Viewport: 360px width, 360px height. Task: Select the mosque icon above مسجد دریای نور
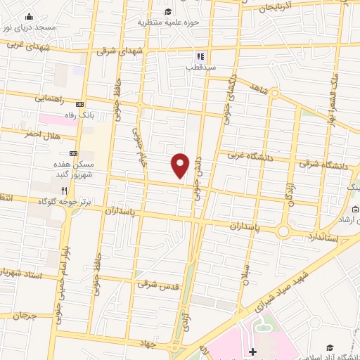tap(29, 16)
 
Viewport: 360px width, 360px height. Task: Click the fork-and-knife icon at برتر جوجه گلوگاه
tap(64, 190)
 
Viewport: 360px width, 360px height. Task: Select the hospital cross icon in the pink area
tap(252, 351)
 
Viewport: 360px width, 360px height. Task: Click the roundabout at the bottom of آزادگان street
tap(284, 231)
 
